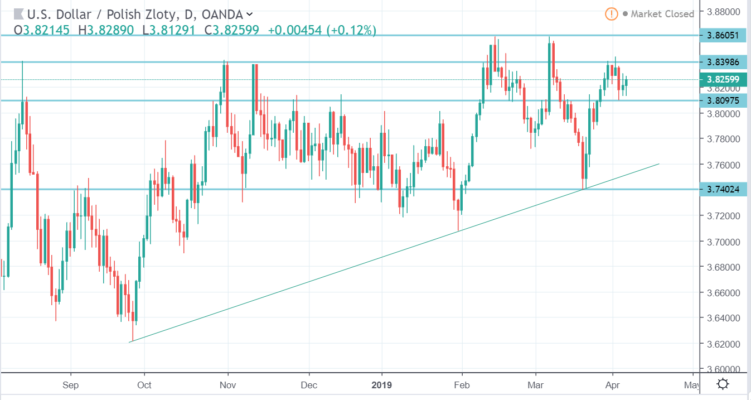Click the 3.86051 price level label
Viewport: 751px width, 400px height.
(x=723, y=35)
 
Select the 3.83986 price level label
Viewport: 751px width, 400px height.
(x=723, y=62)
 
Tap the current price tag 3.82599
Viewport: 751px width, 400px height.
(x=723, y=80)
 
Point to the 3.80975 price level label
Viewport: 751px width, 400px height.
(x=723, y=100)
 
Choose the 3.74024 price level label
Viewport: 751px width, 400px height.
(x=723, y=189)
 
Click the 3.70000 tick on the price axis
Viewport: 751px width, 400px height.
(x=723, y=242)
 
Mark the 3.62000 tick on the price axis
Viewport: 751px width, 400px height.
(x=723, y=344)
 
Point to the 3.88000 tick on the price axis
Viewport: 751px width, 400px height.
(x=723, y=12)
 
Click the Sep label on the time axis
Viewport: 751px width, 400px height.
(x=70, y=385)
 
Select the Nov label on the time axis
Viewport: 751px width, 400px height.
(x=227, y=385)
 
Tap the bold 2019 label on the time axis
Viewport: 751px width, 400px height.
(x=381, y=385)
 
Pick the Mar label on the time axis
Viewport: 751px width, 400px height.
(x=535, y=385)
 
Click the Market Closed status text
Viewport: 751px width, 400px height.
(x=662, y=14)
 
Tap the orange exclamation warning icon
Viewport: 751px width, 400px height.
(x=611, y=14)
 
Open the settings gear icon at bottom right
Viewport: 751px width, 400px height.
(x=723, y=384)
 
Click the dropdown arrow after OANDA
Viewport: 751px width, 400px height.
(x=249, y=14)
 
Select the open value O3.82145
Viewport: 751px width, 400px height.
(x=42, y=30)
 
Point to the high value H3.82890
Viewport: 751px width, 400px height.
(x=106, y=30)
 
